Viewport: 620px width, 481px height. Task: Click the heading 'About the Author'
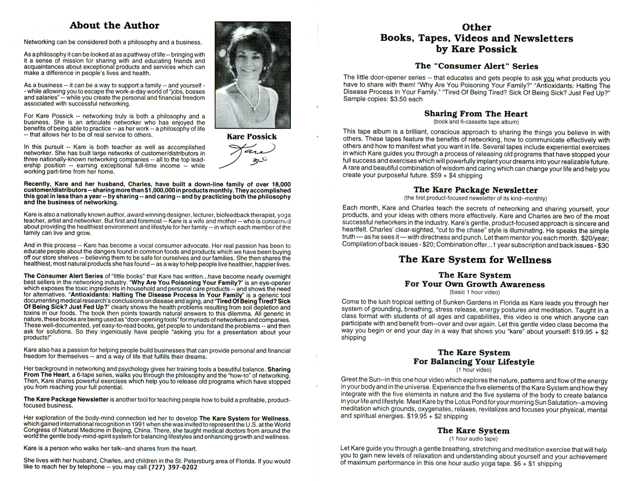pyautogui.click(x=114, y=26)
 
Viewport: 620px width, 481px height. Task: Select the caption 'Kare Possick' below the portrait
pyautogui.click(x=252, y=137)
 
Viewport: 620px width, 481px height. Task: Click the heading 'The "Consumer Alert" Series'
pyautogui.click(x=476, y=66)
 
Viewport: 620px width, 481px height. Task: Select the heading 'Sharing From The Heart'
pyautogui.click(x=476, y=114)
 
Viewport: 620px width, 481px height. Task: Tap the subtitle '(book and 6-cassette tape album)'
pyautogui.click(x=476, y=121)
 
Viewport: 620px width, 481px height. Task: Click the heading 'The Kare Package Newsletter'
pyautogui.click(x=475, y=190)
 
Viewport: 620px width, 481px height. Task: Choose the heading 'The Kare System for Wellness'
pyautogui.click(x=475, y=260)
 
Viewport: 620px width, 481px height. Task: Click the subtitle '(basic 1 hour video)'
pyautogui.click(x=475, y=292)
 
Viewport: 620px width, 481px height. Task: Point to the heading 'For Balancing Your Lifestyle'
pyautogui.click(x=474, y=362)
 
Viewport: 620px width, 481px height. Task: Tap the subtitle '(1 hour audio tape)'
pyautogui.click(x=473, y=438)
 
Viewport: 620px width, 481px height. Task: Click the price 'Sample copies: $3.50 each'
pyautogui.click(x=383, y=99)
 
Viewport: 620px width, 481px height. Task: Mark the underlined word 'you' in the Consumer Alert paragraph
pyautogui.click(x=549, y=78)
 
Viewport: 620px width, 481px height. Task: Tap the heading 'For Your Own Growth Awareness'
pyautogui.click(x=475, y=284)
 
